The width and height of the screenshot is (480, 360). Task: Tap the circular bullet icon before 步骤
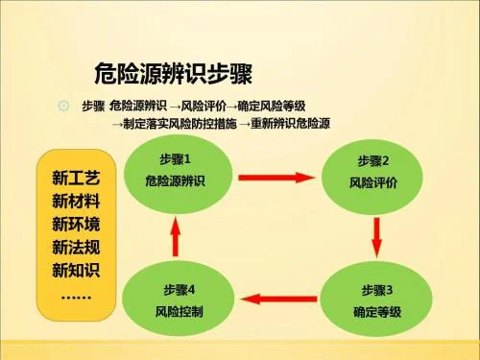[x=64, y=106]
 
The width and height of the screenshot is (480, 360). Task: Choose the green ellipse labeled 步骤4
[x=180, y=300]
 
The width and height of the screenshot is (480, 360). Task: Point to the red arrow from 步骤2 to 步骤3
[x=377, y=233]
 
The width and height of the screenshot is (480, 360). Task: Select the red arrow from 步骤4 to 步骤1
[x=174, y=233]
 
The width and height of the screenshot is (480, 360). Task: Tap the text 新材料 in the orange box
[x=76, y=203]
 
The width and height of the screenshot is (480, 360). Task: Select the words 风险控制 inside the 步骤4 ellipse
[x=180, y=312]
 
